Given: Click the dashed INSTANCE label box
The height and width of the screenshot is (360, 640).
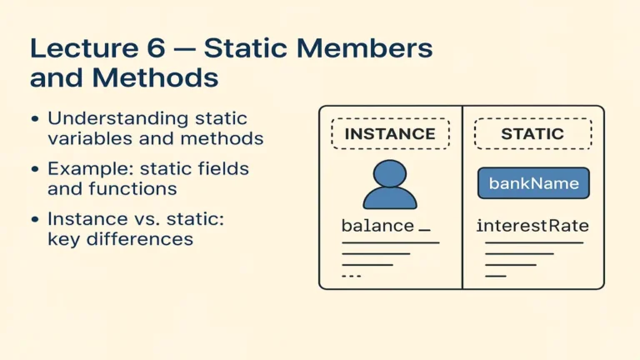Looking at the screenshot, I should pos(390,133).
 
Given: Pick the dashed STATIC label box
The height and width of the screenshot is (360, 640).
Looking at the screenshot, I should pos(532,133).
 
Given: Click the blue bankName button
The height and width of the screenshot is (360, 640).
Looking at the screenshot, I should pos(533,183).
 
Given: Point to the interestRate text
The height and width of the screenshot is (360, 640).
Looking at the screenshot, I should pos(532,226).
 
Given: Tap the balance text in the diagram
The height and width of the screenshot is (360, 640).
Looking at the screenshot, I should pos(377,226).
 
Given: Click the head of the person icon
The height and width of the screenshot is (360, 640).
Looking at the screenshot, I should pos(390,173).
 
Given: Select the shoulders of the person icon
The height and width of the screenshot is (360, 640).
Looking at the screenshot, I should pos(390,198).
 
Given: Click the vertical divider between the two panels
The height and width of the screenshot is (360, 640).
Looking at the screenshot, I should pos(462,197).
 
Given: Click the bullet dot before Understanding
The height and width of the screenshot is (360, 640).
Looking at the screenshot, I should pos(35,120).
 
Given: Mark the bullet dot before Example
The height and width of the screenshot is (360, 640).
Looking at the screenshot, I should pos(35,169).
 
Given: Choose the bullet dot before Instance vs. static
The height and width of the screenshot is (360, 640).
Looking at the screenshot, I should pos(35,220).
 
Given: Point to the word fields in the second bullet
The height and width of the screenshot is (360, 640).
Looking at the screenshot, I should pos(225,169).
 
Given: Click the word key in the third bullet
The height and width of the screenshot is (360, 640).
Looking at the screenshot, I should pos(63,240).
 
